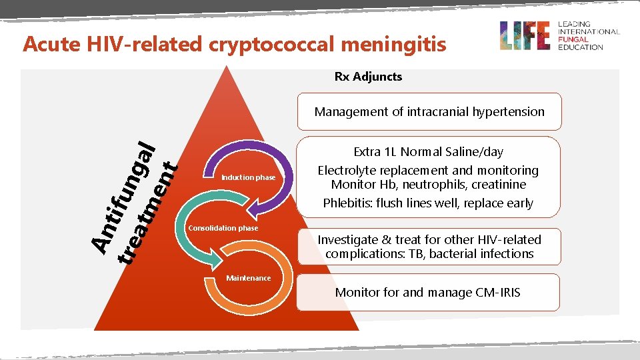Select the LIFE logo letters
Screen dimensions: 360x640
(525, 35)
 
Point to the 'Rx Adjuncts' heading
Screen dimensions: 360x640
(368, 77)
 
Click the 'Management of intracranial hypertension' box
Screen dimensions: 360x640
(429, 111)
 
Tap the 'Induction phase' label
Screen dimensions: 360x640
(248, 177)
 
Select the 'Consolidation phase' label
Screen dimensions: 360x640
(223, 228)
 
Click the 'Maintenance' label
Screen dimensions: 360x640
(248, 278)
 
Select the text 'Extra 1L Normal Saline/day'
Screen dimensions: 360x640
(429, 153)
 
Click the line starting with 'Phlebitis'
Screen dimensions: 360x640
(428, 203)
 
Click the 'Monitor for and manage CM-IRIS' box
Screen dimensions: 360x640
(427, 292)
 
